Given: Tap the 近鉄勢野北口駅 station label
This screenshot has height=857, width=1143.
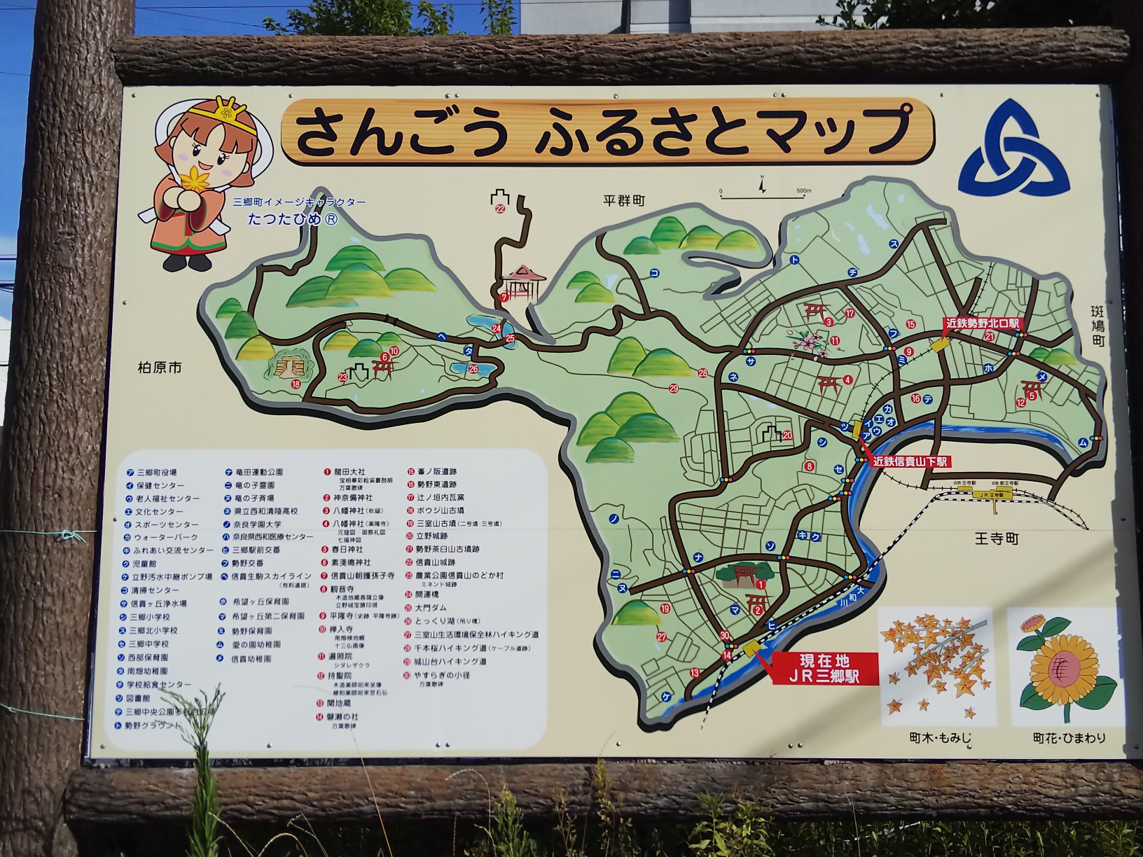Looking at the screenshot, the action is coord(983,324).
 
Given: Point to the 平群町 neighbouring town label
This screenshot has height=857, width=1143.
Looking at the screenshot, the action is coord(624,201).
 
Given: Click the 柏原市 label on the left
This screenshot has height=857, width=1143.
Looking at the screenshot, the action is coord(160,367).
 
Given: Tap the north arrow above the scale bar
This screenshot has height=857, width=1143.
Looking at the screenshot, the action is coord(763,186).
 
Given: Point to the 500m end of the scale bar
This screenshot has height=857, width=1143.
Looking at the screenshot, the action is coord(802,191).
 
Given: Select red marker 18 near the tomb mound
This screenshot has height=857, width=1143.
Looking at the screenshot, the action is coord(296,384).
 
